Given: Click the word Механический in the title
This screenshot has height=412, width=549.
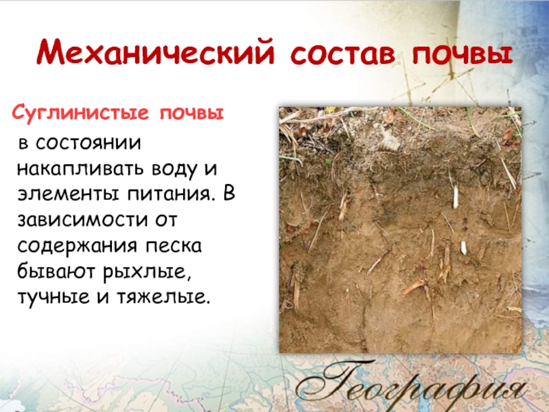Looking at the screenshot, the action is pos(155,54).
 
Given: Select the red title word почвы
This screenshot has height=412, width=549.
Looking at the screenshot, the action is pos(463,54).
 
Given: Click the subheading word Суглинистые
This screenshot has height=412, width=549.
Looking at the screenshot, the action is pos(80,113).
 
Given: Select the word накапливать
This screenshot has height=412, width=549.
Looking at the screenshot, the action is pos(80,169).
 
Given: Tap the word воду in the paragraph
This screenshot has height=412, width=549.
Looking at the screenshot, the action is pos(174,169).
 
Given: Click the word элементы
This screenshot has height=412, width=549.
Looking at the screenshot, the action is pos(68,194).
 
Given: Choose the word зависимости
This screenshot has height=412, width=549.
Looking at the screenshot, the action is pos(82,220).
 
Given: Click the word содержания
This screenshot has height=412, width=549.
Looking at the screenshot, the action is pos(77,246).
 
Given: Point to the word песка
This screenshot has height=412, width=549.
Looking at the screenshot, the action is pos(174,246).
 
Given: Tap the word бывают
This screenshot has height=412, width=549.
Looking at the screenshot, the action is pos(56,271).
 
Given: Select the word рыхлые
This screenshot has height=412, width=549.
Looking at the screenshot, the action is pos(147,272).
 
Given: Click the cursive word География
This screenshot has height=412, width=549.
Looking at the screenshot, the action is pos(411,387).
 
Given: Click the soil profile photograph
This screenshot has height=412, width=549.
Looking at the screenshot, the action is pos(400,230).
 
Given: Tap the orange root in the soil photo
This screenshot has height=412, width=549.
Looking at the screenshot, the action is pos(414,287).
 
